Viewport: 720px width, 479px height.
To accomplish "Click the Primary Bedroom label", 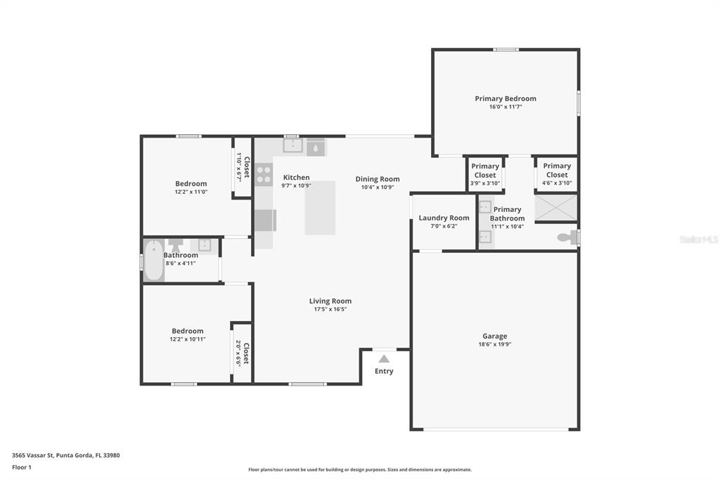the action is [x=505, y=98].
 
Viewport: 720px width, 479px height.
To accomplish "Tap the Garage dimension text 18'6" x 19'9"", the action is [x=494, y=344].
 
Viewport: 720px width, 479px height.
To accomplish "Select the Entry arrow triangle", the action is [x=384, y=359].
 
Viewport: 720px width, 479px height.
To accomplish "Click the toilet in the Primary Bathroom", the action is [x=567, y=237].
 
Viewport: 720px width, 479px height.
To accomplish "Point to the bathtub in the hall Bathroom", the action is [x=154, y=260].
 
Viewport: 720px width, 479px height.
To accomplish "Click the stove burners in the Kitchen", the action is [x=264, y=174].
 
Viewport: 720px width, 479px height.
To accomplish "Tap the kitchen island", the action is [x=320, y=208].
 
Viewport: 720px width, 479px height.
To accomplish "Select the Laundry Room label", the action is [x=444, y=218].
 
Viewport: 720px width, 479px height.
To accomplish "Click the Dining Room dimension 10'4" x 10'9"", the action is [x=378, y=188].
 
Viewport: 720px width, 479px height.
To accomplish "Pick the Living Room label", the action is [x=330, y=301].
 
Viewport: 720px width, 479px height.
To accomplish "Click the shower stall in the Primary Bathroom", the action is [x=555, y=207].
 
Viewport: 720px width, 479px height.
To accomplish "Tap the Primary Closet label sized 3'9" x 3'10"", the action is [x=485, y=170].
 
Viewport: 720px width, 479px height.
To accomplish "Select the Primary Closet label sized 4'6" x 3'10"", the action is [x=557, y=170].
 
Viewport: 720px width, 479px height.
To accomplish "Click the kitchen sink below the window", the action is [x=292, y=146].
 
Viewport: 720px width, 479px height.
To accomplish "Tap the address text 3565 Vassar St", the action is [x=33, y=456].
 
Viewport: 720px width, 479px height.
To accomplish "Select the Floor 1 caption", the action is [x=22, y=468].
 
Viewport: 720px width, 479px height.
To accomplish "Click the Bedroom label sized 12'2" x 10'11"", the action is [x=187, y=331].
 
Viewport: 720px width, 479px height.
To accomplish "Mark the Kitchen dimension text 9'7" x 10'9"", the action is [x=296, y=186].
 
